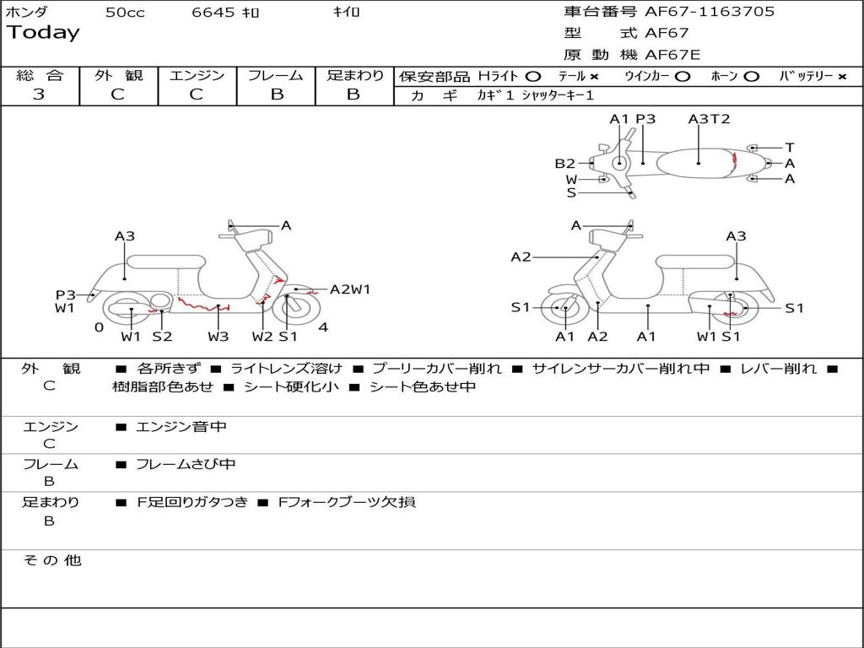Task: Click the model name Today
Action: coord(43,33)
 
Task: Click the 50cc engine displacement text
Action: coord(125,13)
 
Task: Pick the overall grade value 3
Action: coord(39,94)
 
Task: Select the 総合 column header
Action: coord(39,76)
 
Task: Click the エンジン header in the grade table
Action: coord(197,76)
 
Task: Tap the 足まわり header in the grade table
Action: coord(354,76)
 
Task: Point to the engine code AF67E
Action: coord(672,56)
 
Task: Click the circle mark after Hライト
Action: coord(532,77)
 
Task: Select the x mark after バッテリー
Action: coord(841,77)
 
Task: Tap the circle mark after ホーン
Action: coord(751,77)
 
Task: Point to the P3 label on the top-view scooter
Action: coord(645,119)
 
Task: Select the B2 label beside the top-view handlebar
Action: coord(564,164)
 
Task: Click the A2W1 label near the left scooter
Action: coord(350,289)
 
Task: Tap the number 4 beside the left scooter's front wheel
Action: coord(323,327)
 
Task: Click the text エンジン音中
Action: coord(181,427)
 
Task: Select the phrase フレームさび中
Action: coord(186,464)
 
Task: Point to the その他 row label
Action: coord(51,560)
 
